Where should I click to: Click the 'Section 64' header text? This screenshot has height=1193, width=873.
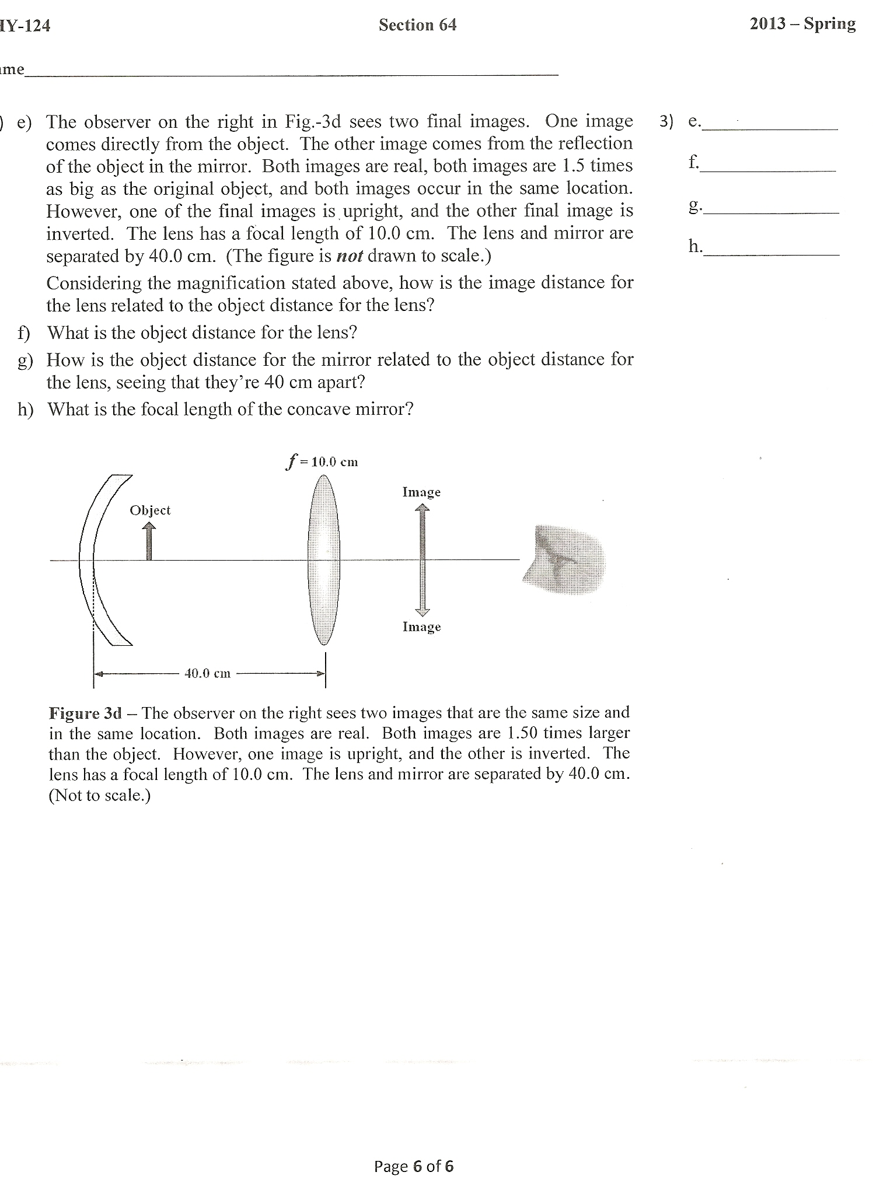pyautogui.click(x=417, y=25)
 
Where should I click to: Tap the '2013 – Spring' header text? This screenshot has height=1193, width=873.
pyautogui.click(x=802, y=24)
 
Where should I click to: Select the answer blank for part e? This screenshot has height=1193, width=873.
pyautogui.click(x=770, y=124)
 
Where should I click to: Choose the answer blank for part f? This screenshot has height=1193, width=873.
pyautogui.click(x=769, y=165)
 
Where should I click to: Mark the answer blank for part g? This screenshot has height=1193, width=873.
pyautogui.click(x=771, y=208)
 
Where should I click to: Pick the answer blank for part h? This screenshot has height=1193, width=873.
pyautogui.click(x=771, y=250)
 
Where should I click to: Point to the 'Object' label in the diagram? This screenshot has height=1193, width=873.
pyautogui.click(x=150, y=510)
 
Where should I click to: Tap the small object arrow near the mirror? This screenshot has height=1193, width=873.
pyautogui.click(x=149, y=541)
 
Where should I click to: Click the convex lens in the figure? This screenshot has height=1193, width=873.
pyautogui.click(x=324, y=560)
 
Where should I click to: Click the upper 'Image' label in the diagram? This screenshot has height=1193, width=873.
pyautogui.click(x=421, y=492)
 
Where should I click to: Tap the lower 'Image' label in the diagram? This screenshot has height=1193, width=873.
pyautogui.click(x=421, y=627)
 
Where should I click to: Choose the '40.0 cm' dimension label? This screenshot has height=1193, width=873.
pyautogui.click(x=207, y=674)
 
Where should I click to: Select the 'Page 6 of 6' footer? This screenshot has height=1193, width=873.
pyautogui.click(x=413, y=1166)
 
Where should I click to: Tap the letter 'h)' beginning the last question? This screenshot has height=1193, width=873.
pyautogui.click(x=25, y=410)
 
